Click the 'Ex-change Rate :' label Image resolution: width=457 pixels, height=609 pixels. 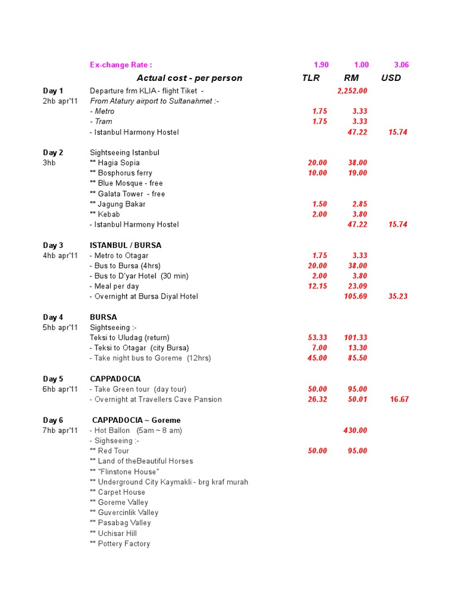[121, 65]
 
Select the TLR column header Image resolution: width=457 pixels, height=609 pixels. [311, 78]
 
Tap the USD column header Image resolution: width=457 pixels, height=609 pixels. [391, 78]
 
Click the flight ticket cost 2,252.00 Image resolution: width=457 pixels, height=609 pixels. [352, 91]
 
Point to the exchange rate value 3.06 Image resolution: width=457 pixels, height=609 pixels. [402, 65]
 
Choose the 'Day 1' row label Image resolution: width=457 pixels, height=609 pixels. [53, 91]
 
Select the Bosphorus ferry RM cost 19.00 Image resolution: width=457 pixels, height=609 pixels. [358, 173]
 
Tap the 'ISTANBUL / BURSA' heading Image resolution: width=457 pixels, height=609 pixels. [126, 245]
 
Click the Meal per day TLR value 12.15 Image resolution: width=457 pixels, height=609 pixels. [317, 286]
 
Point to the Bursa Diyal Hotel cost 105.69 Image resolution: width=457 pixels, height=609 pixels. [356, 296]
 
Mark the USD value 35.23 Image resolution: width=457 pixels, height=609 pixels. [398, 296]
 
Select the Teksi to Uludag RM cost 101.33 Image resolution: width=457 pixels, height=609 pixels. [356, 338]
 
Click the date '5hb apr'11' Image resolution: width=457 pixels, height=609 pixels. [60, 327]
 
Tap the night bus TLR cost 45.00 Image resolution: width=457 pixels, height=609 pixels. [317, 358]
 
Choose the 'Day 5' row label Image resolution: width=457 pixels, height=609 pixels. [53, 379]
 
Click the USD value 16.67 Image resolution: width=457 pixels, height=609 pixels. [399, 400]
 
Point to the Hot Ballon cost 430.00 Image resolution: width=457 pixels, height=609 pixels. [355, 431]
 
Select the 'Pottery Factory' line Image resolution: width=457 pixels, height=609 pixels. [120, 544]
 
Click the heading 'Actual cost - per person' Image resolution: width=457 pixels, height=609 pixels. [189, 78]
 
